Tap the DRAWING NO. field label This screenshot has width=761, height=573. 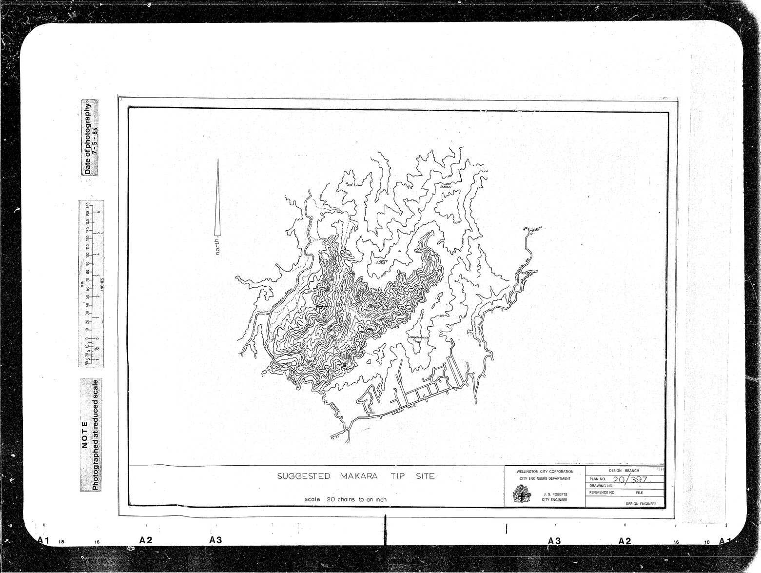tap(601, 486)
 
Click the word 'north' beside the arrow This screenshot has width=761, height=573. tap(217, 246)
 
